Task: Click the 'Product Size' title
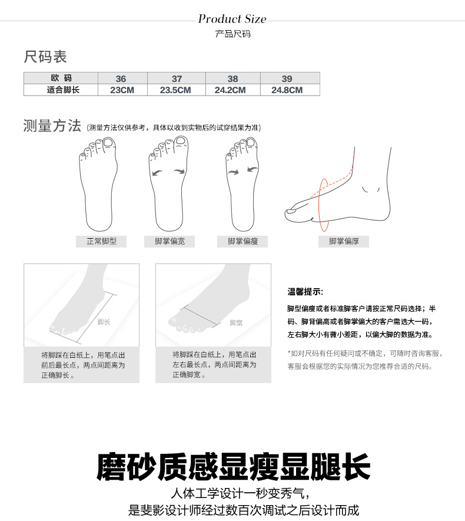(x=232, y=19)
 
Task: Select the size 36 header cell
(x=121, y=79)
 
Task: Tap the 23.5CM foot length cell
(x=175, y=90)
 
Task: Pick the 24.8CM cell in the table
(x=287, y=90)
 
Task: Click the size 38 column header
(x=232, y=79)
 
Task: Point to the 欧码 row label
(x=61, y=78)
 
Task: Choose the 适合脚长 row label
(x=63, y=90)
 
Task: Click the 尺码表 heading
(x=45, y=57)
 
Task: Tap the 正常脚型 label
(x=101, y=241)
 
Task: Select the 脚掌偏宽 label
(x=170, y=241)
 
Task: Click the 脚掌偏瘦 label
(x=243, y=241)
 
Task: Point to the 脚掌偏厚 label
(x=344, y=241)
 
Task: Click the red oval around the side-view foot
(x=319, y=205)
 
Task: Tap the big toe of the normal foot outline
(x=109, y=144)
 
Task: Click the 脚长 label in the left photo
(x=104, y=322)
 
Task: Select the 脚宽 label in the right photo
(x=236, y=323)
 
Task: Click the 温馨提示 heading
(x=305, y=292)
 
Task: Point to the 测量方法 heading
(x=52, y=126)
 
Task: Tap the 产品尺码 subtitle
(x=232, y=34)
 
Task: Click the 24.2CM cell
(x=230, y=90)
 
